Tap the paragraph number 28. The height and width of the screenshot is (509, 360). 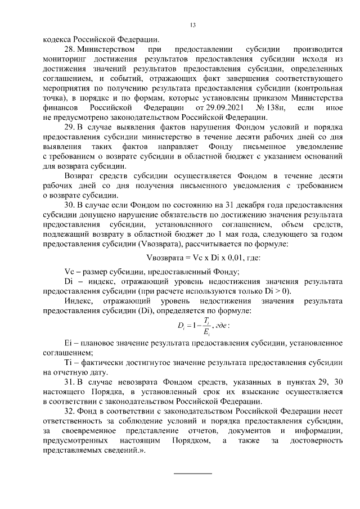71,51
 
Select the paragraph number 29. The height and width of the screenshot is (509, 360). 71,127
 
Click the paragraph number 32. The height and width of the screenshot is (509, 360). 71,411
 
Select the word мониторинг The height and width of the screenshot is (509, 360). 64,60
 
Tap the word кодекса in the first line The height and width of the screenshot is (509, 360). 58,39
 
